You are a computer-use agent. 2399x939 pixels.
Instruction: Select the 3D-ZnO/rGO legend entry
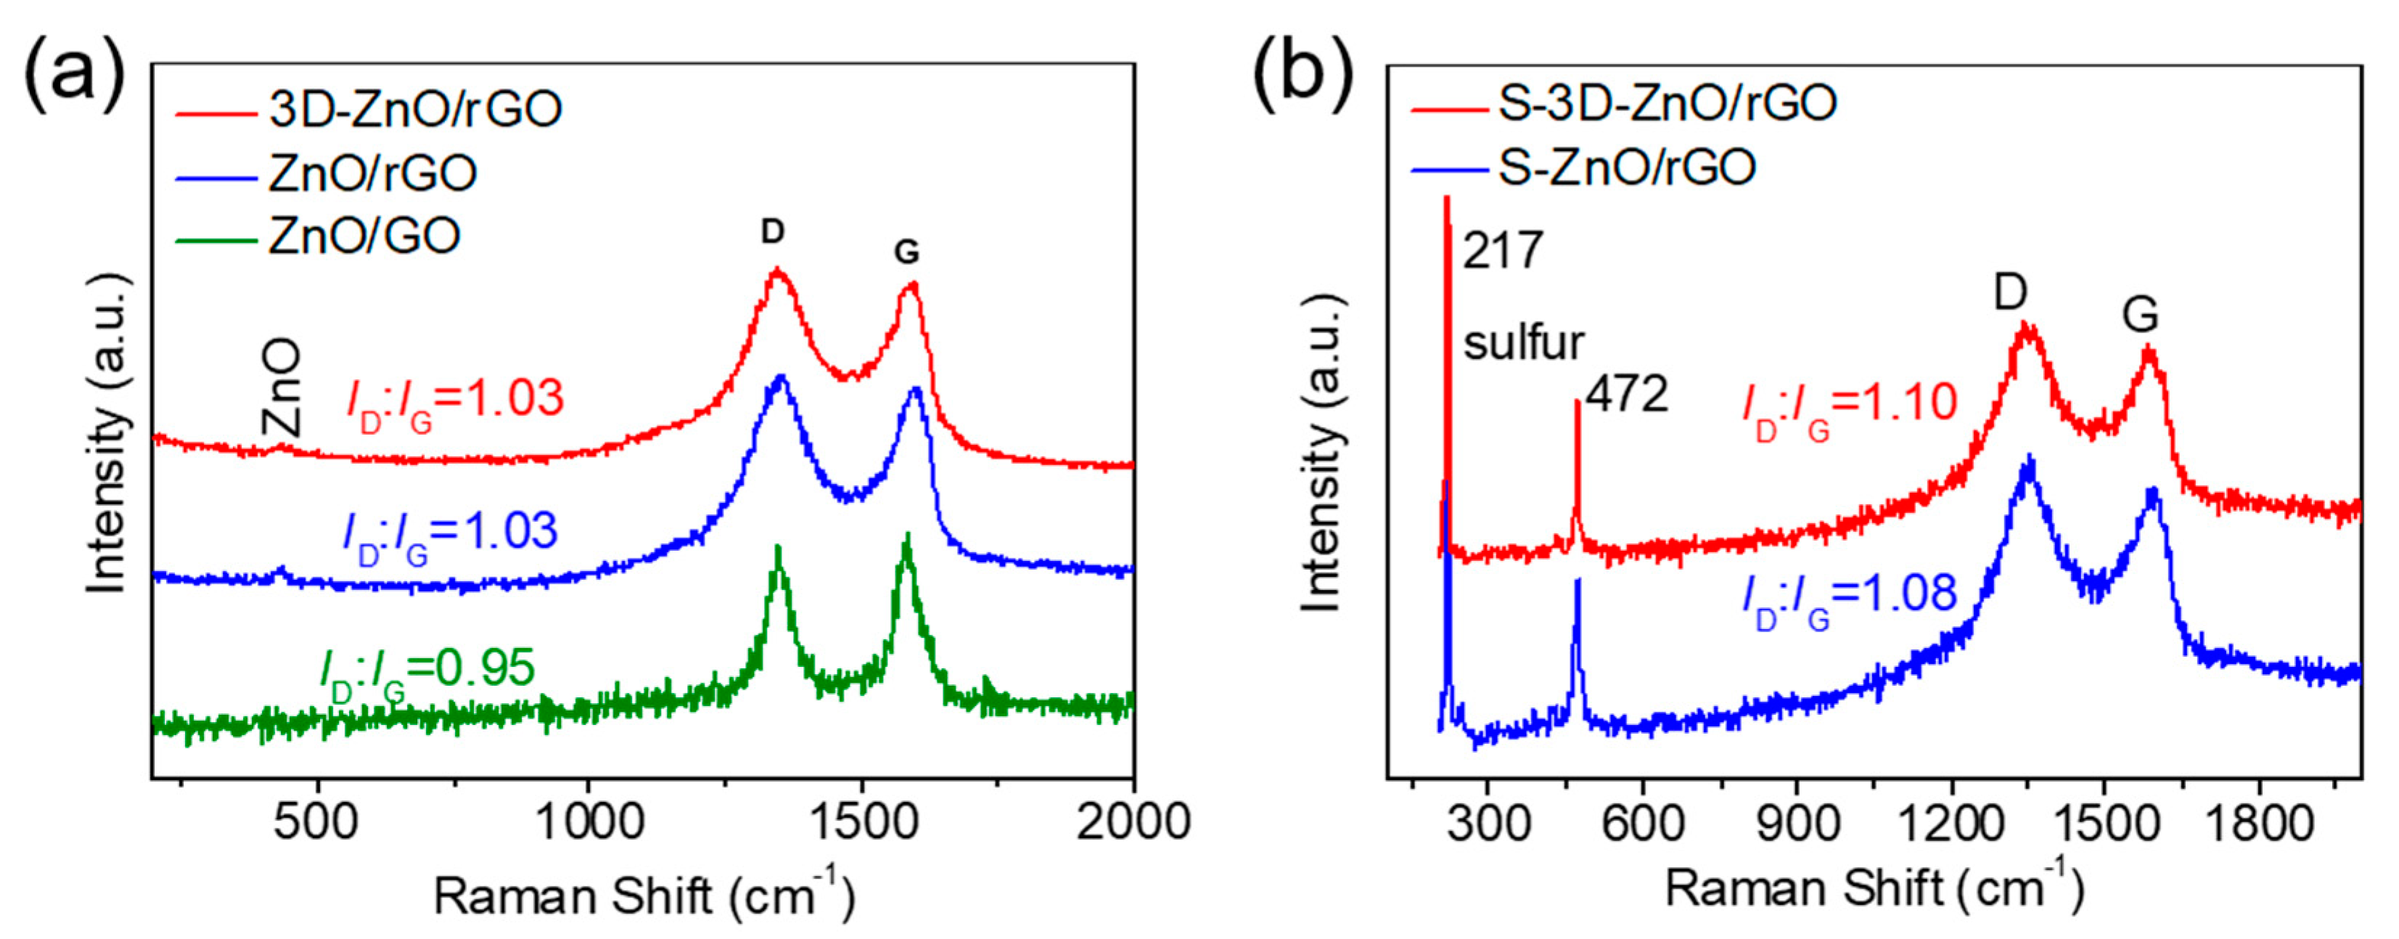point(415,109)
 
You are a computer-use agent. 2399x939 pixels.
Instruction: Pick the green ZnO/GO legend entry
point(364,235)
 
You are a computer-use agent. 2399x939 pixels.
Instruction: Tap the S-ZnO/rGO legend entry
point(1626,168)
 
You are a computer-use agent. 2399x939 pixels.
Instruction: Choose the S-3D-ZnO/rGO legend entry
point(1666,103)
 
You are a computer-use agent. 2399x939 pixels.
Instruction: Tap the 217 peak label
point(1502,252)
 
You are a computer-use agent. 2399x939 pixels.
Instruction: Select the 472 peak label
point(1626,395)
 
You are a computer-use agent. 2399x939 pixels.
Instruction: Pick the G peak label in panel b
point(2139,315)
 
